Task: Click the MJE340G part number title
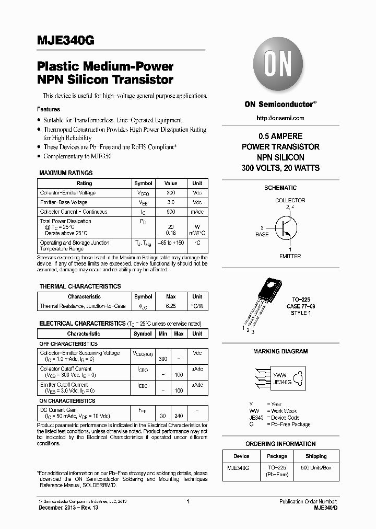tap(65, 41)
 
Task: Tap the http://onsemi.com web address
tap(280, 118)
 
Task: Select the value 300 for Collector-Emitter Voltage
tap(171, 193)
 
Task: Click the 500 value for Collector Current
tap(171, 212)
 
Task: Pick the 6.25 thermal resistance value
tap(171, 306)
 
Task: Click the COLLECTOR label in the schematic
tap(290, 200)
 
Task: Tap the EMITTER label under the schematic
tap(290, 256)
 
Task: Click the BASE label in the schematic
tap(262, 235)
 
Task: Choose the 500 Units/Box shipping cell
tap(316, 467)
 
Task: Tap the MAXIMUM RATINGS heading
tap(66, 173)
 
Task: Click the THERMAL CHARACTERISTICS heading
tap(80, 286)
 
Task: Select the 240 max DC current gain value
tap(179, 416)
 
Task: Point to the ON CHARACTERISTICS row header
tap(67, 401)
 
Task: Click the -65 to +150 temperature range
tap(171, 243)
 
